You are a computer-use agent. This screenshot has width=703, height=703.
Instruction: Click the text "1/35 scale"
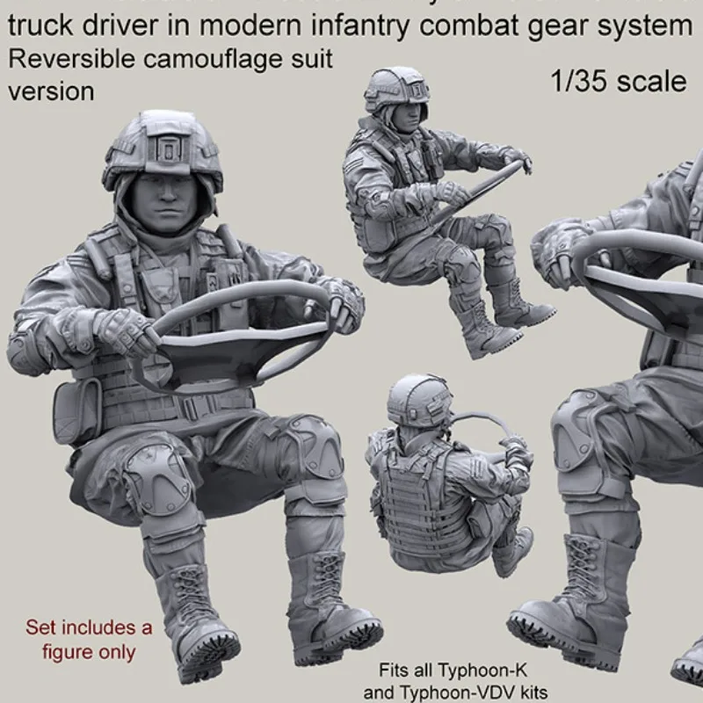[x=619, y=82]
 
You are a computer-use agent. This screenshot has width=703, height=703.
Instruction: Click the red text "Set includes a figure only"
[x=88, y=639]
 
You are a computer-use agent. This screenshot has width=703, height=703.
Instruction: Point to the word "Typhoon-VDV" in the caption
[x=463, y=692]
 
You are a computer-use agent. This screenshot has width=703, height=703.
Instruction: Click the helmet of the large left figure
[x=163, y=149]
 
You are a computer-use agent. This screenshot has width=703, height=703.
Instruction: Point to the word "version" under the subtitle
[x=51, y=91]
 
